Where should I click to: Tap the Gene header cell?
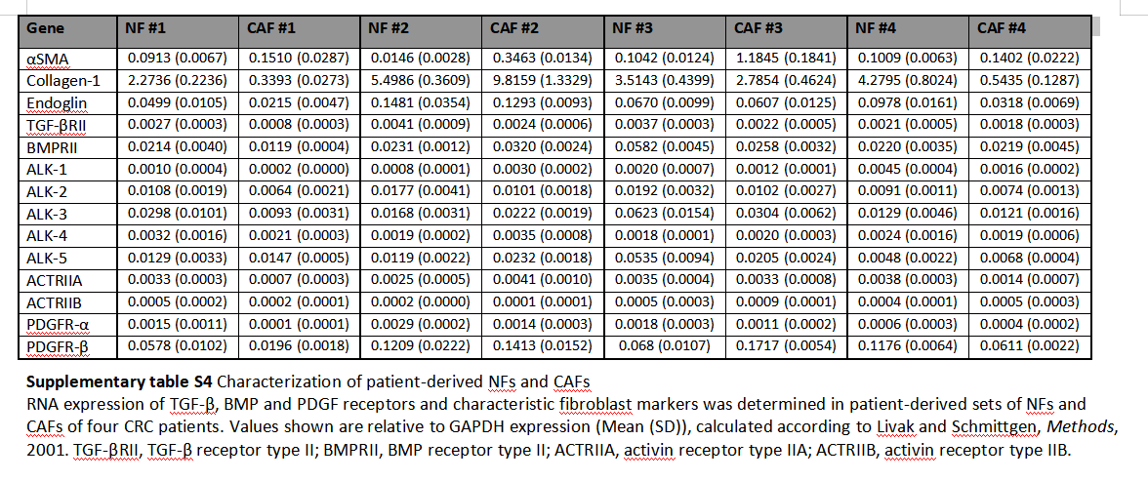click(45, 28)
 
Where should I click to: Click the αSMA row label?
click(46, 59)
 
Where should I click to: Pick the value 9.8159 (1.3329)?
click(542, 81)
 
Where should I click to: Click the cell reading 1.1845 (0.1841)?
click(785, 59)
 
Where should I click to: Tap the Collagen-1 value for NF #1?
click(178, 81)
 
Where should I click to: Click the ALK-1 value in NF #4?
click(908, 169)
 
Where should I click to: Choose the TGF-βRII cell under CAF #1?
click(300, 125)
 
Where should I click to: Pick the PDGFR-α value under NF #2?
click(420, 325)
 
